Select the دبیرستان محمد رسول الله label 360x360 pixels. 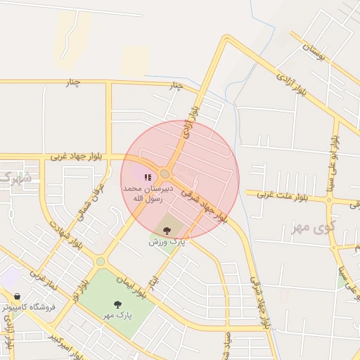[143, 194]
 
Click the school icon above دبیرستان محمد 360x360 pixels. [148, 178]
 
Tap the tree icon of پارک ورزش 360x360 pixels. [167, 230]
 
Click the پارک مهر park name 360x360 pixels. [118, 316]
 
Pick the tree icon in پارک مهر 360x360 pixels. [117, 304]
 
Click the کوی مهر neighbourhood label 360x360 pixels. [313, 229]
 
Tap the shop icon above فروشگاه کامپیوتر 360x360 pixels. [17, 297]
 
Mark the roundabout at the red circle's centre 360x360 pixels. [165, 174]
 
